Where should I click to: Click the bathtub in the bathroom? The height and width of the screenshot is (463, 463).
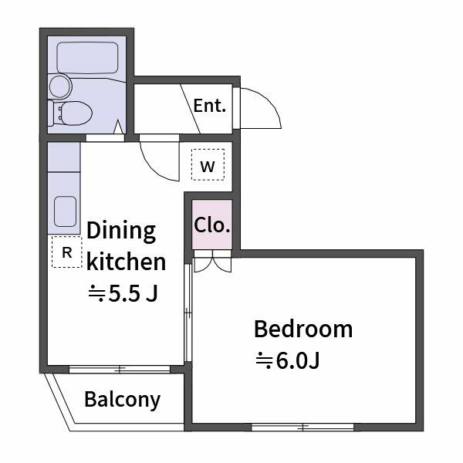pos(87,58)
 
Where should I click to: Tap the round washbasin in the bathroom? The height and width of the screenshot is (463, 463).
pos(60,86)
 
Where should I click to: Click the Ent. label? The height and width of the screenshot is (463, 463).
pos(210,106)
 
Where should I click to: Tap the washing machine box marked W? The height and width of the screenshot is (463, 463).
pos(208,165)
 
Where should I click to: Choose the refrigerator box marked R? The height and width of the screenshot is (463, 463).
pos(67,252)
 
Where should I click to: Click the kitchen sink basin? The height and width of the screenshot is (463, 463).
pos(66,211)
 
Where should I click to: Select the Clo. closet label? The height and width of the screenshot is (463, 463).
pos(212,225)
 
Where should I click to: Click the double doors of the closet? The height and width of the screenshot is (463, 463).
pos(212,262)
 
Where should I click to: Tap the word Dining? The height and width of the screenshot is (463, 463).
pos(121,231)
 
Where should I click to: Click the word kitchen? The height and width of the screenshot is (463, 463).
pos(127,262)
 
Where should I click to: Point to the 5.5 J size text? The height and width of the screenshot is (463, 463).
pos(123,293)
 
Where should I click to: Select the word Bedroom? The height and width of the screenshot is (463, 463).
pos(303,329)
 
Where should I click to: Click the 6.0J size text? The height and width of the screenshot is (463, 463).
pos(288,360)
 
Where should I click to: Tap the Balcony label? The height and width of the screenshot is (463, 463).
pos(122,400)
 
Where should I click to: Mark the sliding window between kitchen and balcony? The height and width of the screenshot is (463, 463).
pos(120,369)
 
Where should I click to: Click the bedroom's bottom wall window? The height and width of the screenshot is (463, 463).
pos(302,427)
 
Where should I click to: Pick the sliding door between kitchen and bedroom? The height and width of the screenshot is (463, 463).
pos(188,313)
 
